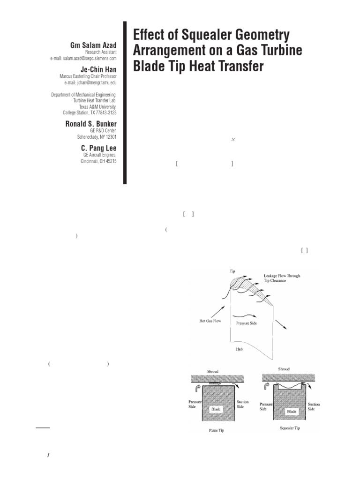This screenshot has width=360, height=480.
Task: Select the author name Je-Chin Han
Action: click(x=98, y=68)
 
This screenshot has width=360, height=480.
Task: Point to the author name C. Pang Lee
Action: click(x=99, y=148)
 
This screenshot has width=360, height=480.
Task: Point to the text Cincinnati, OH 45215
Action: click(x=98, y=161)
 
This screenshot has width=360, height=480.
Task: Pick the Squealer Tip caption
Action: click(x=289, y=428)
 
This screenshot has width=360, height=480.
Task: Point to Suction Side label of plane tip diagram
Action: click(x=243, y=405)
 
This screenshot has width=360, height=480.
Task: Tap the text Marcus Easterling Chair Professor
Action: click(x=88, y=76)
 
